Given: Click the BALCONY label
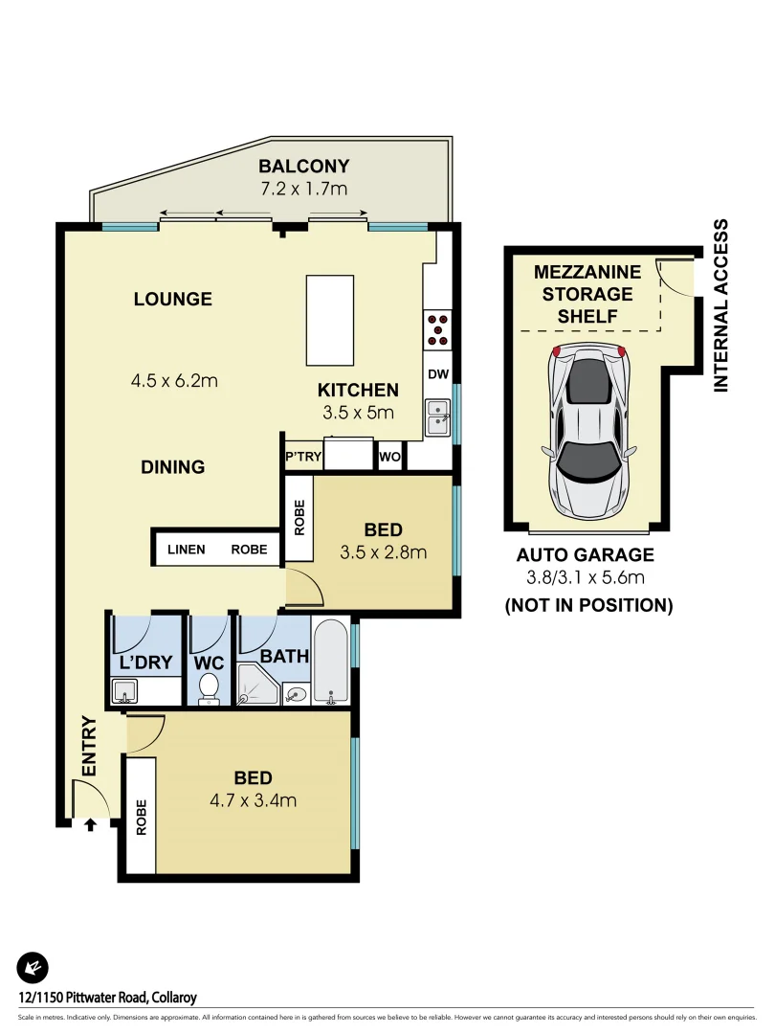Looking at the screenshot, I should (x=304, y=166).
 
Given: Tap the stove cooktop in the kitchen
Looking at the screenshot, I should (x=438, y=328).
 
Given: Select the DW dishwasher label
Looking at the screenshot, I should (x=438, y=374).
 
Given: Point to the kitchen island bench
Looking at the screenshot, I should (x=329, y=320).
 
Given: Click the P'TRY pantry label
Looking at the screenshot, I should (x=302, y=457).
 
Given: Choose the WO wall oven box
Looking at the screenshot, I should (x=390, y=457).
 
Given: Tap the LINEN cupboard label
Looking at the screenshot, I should (x=187, y=550).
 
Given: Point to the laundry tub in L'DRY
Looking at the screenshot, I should (x=124, y=690).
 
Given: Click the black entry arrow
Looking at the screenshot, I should (x=91, y=823).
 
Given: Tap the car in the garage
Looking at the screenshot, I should (x=588, y=431).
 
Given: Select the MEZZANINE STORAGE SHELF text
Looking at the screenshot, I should (x=582, y=294).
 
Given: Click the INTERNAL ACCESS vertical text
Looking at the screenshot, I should (x=720, y=304).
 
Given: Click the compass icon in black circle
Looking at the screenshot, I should (x=33, y=969).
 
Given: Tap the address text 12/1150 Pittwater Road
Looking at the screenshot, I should (x=107, y=998).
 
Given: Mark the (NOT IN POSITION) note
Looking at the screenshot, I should (x=588, y=605).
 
